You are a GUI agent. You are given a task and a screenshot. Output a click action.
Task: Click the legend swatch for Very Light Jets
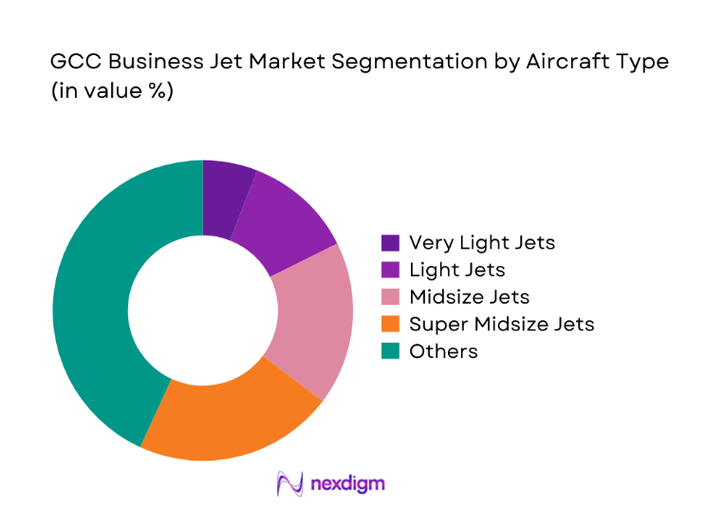(390, 242)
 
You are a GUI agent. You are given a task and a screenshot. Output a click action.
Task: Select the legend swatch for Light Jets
(390, 270)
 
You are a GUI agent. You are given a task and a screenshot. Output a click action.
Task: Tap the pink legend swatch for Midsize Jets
(390, 297)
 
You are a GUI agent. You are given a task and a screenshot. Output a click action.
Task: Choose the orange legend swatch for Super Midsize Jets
(390, 324)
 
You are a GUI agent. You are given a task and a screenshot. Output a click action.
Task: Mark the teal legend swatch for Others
(390, 351)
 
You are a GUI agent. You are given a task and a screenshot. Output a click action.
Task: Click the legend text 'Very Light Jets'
(481, 242)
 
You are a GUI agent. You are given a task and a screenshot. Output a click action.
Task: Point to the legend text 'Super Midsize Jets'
(501, 324)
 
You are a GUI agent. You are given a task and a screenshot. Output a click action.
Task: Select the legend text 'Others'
(443, 351)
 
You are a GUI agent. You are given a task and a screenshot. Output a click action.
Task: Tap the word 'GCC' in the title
(72, 63)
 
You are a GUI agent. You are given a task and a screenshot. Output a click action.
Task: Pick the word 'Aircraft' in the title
(563, 63)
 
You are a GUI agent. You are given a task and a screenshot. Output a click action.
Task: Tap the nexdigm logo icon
(288, 484)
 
